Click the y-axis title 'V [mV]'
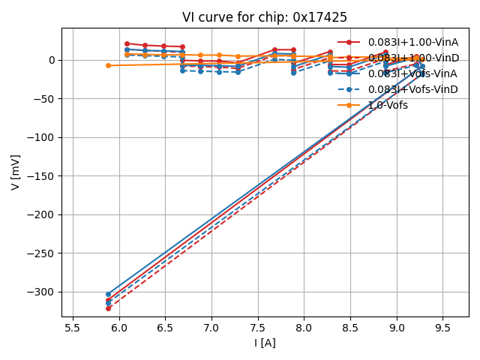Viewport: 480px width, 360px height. click(16, 172)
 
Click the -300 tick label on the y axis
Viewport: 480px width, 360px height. click(42, 292)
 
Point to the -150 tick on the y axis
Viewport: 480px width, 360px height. click(42, 176)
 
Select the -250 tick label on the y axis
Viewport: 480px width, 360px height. click(42, 253)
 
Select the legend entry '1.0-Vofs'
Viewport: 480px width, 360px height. click(388, 105)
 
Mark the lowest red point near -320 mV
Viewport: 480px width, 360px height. click(108, 308)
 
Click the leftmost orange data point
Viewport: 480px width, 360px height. click(108, 65)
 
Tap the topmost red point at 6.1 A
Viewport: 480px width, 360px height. click(127, 43)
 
